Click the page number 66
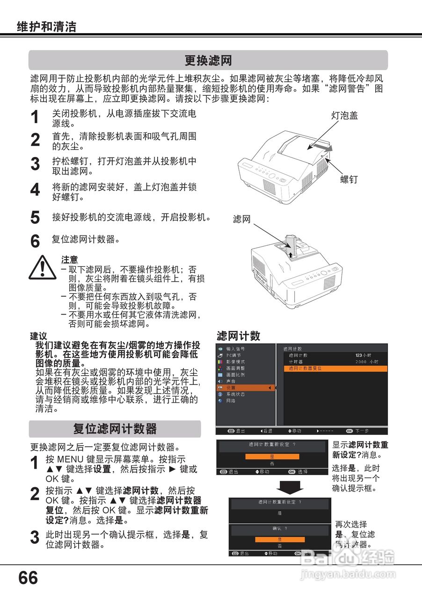click(x=28, y=578)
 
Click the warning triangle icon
click(x=42, y=268)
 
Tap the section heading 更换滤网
click(x=208, y=61)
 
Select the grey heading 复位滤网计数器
click(x=115, y=428)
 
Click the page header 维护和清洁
click(x=46, y=27)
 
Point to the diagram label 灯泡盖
click(x=344, y=115)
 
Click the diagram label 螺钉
click(x=349, y=179)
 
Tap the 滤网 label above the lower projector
click(x=242, y=219)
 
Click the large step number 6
click(x=35, y=242)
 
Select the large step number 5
click(x=35, y=218)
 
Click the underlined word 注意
click(x=69, y=260)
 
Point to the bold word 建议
click(x=38, y=336)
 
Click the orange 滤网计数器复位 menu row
click(x=335, y=369)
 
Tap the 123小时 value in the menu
click(x=364, y=356)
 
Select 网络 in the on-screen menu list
click(x=231, y=401)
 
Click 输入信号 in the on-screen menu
click(x=235, y=349)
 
